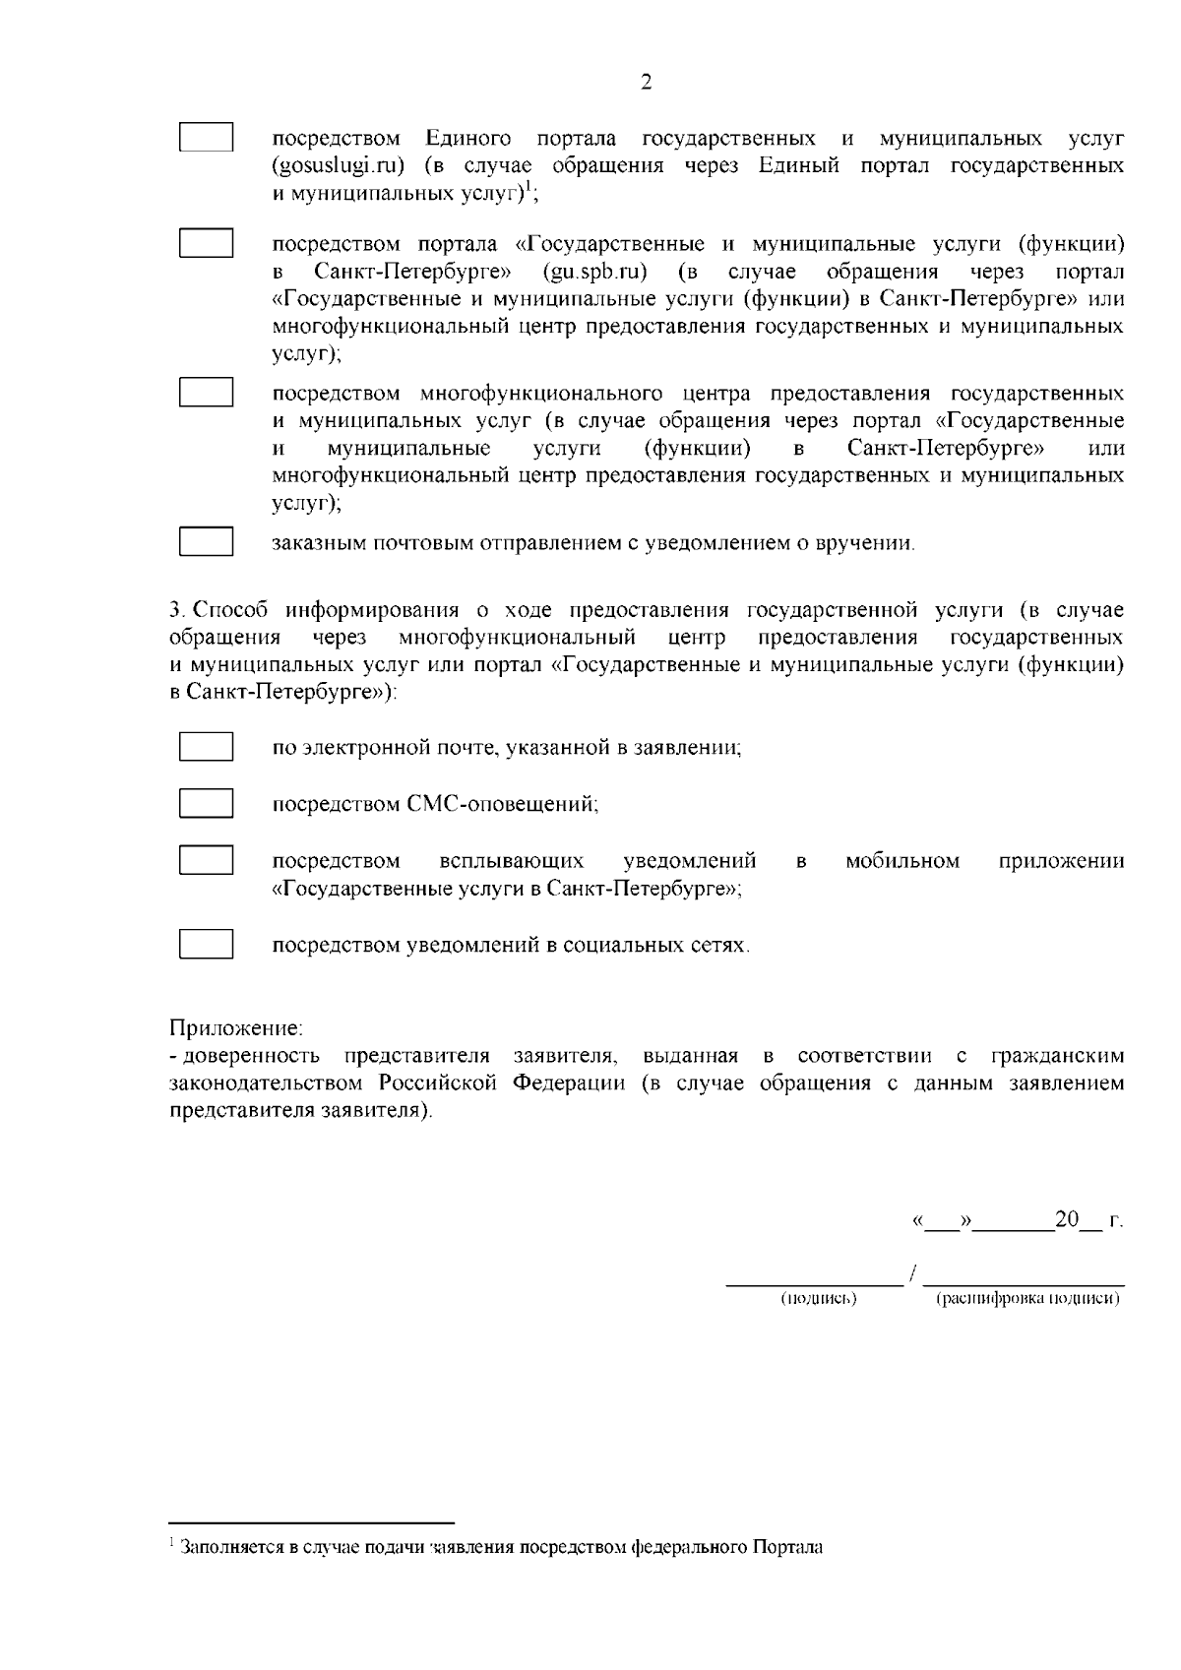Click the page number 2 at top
coord(646,83)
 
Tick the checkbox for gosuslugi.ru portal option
coord(206,137)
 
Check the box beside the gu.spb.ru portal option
coord(206,243)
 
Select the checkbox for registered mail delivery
coord(206,542)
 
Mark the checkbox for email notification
coord(206,747)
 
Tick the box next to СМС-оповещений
coord(206,803)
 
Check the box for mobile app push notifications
coord(206,860)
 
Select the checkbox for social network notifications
coord(206,945)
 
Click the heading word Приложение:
coord(236,1028)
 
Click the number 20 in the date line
coord(1067,1220)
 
